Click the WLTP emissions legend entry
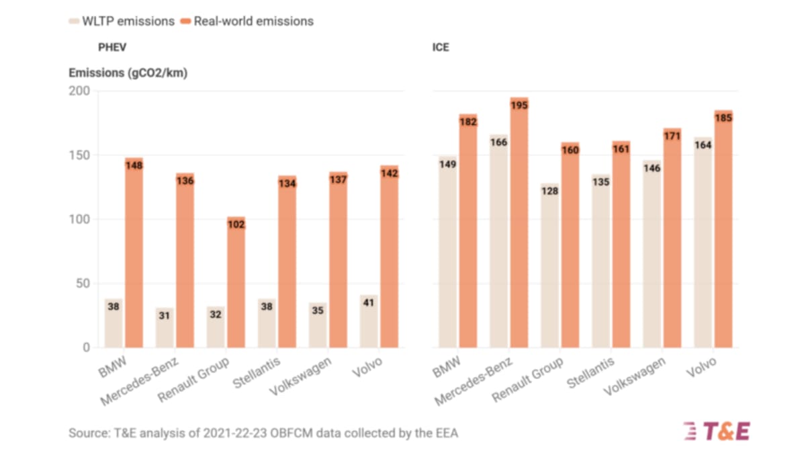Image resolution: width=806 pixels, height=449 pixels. [121, 21]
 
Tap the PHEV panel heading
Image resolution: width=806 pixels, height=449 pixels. [111, 47]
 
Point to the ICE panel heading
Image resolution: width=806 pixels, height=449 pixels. [441, 47]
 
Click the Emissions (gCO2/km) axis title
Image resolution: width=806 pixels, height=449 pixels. [128, 73]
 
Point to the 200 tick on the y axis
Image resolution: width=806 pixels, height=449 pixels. [79, 91]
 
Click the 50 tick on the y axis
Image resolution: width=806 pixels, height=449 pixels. [83, 284]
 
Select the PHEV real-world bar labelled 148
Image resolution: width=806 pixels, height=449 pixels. [134, 255]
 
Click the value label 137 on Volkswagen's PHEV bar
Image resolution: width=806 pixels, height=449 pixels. [338, 180]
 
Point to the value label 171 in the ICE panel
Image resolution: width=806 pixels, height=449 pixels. [672, 136]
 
